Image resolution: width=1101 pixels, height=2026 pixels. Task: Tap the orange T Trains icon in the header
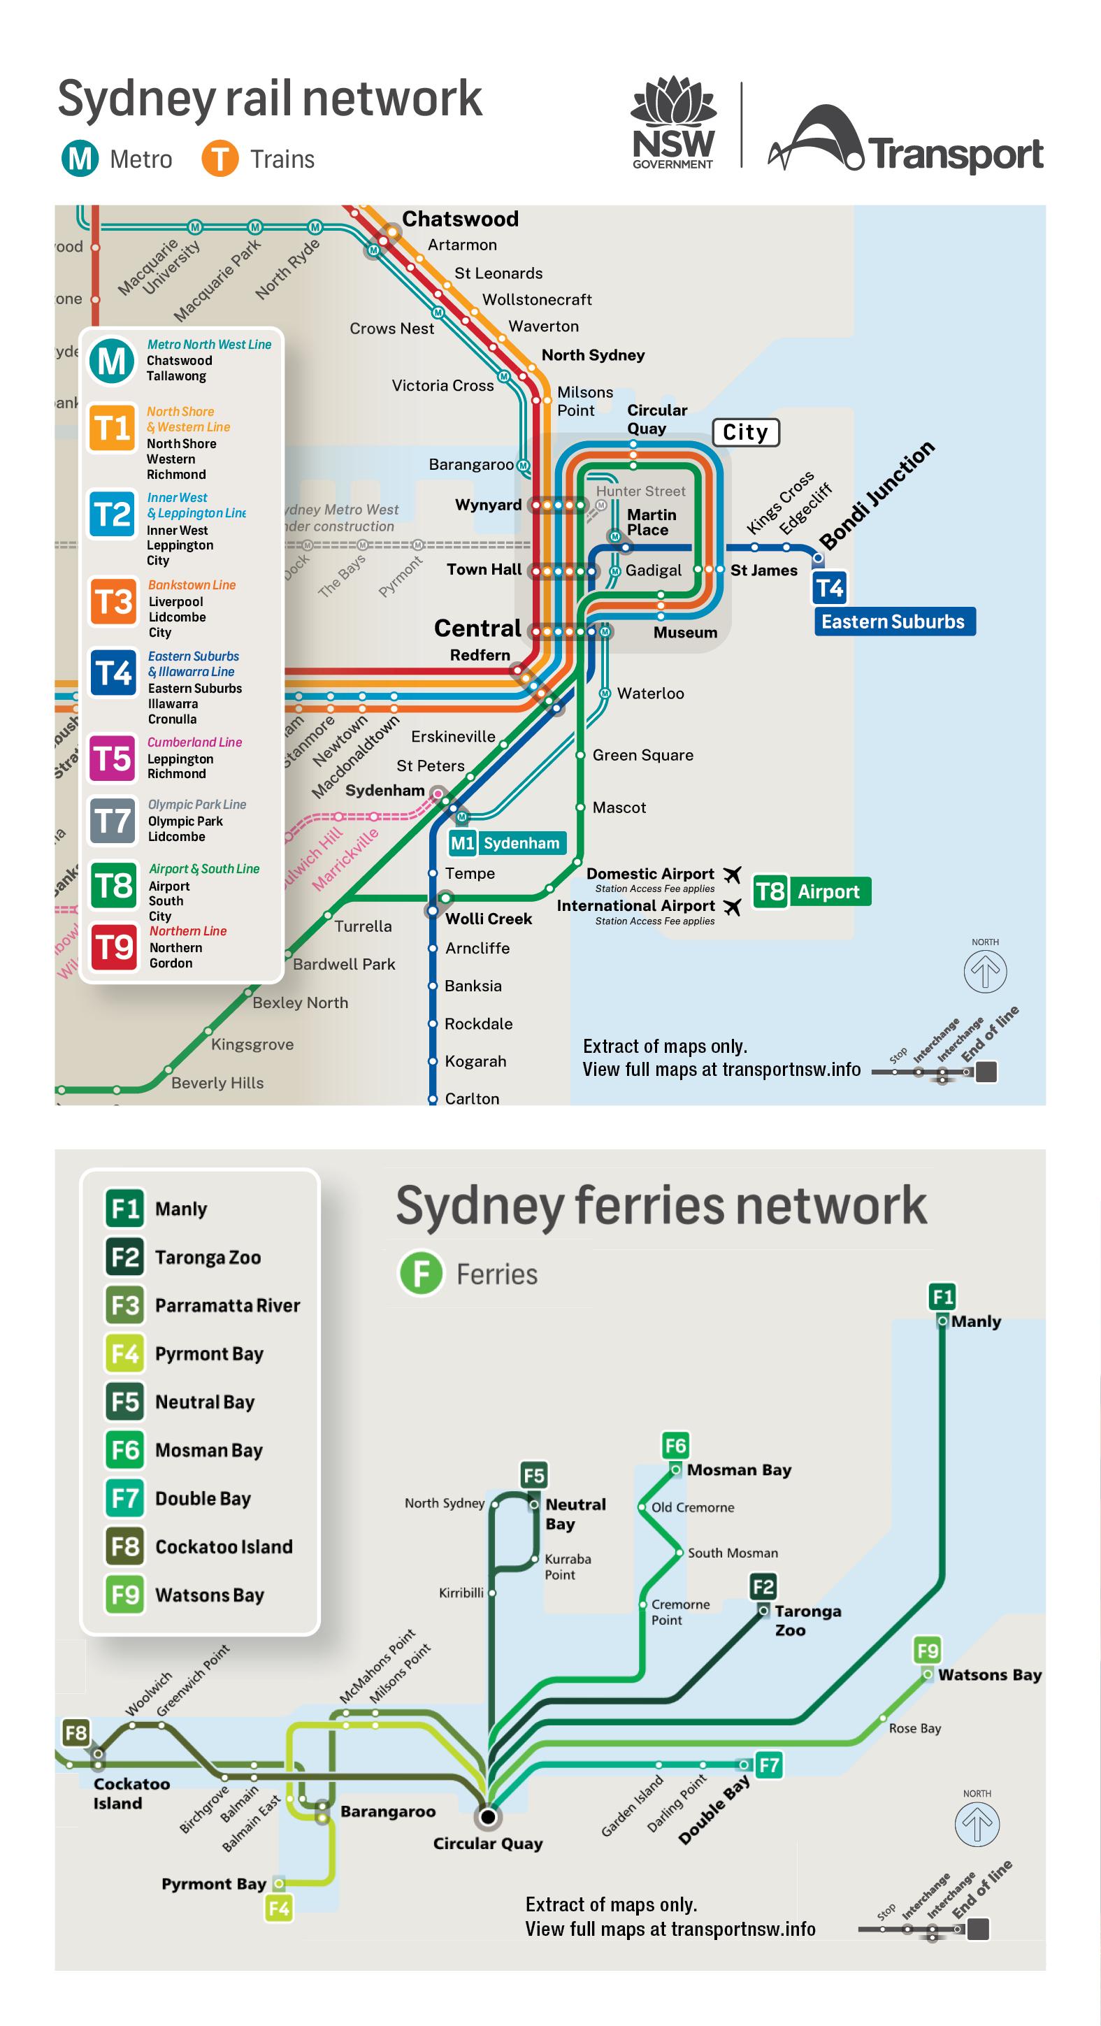click(x=220, y=158)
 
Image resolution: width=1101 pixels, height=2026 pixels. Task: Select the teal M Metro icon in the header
click(x=80, y=158)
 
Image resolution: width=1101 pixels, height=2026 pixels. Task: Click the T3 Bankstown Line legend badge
click(x=113, y=603)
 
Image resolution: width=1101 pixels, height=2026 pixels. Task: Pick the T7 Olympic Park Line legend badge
click(x=113, y=821)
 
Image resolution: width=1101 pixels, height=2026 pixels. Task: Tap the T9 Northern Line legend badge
click(x=113, y=947)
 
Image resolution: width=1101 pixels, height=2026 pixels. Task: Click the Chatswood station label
click(x=460, y=219)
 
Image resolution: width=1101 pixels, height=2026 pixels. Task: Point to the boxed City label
click(x=745, y=433)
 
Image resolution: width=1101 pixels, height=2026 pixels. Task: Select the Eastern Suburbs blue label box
click(x=894, y=622)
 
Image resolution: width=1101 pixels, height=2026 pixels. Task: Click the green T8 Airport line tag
click(x=812, y=891)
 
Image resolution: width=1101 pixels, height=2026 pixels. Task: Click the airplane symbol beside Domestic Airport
click(x=732, y=874)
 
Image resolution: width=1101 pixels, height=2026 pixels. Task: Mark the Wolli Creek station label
click(x=489, y=919)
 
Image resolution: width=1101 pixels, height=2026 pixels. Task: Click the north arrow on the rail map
click(x=984, y=970)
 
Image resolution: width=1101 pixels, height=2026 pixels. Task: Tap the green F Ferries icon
click(x=421, y=1273)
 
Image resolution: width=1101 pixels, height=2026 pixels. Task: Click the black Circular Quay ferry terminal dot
click(x=488, y=1817)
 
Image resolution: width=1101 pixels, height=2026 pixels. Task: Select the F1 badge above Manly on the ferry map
click(x=942, y=1296)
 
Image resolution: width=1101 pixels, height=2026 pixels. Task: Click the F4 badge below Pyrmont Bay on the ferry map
click(x=278, y=1908)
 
